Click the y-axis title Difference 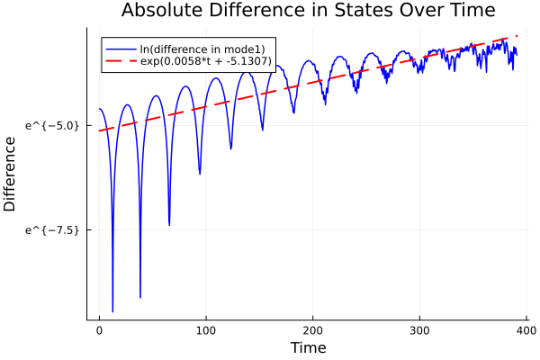10,174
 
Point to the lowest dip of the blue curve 112,311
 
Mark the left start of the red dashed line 100,130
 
